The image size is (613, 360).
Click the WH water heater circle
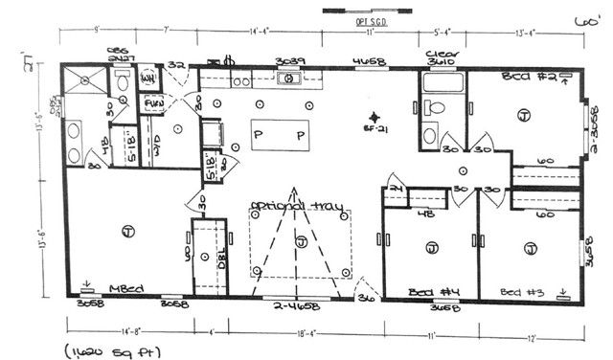pyautogui.click(x=149, y=79)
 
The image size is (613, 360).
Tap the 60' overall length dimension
pyautogui.click(x=580, y=19)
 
